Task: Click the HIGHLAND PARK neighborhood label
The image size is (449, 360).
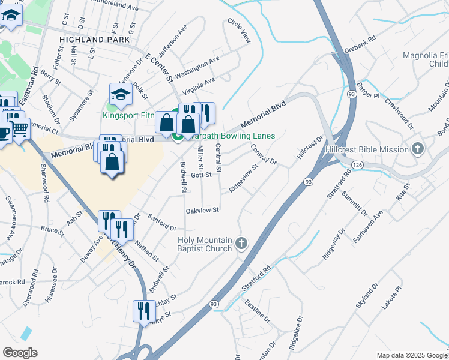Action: click(95, 39)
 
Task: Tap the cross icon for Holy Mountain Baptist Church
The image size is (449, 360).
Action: click(241, 243)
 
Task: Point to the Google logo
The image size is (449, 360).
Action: click(20, 353)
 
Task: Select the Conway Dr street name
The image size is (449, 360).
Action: click(263, 154)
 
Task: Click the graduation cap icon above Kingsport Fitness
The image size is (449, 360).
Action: click(120, 94)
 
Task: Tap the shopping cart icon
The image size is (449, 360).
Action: click(20, 128)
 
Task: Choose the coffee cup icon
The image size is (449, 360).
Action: click(4, 131)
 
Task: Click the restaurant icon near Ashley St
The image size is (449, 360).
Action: click(143, 311)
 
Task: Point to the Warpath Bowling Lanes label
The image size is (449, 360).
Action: click(231, 136)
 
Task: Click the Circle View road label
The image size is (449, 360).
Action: click(239, 30)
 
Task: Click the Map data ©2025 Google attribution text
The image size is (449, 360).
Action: click(411, 355)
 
